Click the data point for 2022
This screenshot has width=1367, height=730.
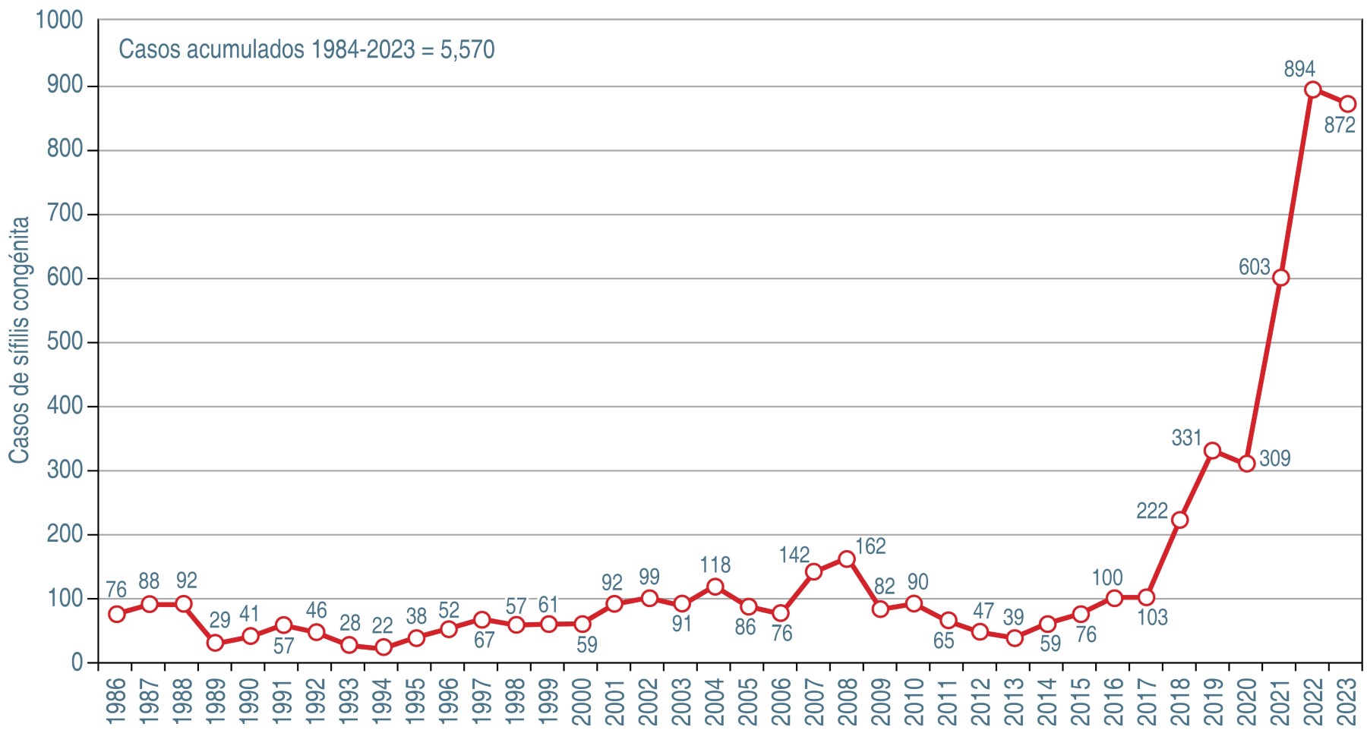coord(1313,90)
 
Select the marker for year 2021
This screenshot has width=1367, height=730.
coord(1280,278)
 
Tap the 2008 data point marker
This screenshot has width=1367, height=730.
coord(847,559)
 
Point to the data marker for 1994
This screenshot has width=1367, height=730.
coord(383,647)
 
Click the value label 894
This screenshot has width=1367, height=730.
coord(1299,69)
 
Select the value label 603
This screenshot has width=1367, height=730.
coord(1254,267)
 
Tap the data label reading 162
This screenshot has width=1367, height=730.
coord(870,546)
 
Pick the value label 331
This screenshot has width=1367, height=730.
coord(1186,438)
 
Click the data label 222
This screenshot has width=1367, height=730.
coord(1151,511)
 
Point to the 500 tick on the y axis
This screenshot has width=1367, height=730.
coord(65,342)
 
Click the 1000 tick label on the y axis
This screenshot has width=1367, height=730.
coord(59,20)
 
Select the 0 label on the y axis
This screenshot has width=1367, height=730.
coord(77,662)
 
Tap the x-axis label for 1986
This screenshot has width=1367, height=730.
coord(116,701)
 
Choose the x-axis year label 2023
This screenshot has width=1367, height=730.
coord(1346,701)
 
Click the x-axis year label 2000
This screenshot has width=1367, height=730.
coord(582,701)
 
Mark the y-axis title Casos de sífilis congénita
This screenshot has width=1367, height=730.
coord(19,340)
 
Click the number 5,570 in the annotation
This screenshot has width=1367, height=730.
coord(468,49)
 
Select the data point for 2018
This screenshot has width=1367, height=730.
coord(1179,520)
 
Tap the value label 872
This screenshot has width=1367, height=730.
coord(1340,125)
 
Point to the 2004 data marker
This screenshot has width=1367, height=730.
coord(715,587)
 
